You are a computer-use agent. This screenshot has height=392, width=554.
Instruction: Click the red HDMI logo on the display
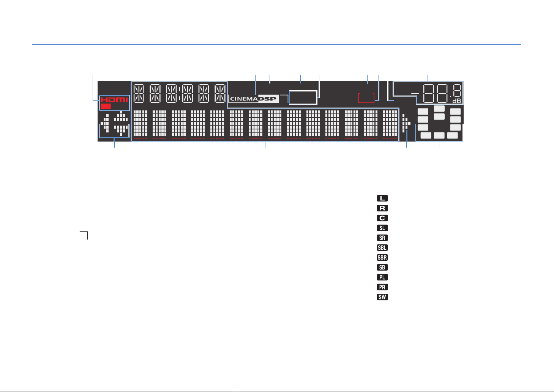[x=114, y=100]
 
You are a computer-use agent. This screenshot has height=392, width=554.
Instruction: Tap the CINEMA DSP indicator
[x=254, y=99]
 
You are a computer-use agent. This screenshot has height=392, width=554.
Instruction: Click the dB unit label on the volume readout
[x=456, y=101]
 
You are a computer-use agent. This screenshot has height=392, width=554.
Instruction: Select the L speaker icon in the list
[x=382, y=198]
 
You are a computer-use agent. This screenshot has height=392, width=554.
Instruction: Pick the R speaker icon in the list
[x=382, y=208]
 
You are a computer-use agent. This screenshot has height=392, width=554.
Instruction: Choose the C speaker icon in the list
[x=382, y=218]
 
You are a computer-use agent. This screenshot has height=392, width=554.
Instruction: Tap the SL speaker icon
[x=382, y=228]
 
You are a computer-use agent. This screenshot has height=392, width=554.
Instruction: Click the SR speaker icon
[x=382, y=238]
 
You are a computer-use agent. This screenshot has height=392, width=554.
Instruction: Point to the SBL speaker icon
[x=382, y=247]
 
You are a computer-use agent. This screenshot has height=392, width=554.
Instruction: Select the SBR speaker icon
[x=382, y=257]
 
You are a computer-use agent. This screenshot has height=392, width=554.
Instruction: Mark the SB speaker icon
[x=382, y=267]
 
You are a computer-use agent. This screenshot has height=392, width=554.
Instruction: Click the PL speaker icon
[x=382, y=277]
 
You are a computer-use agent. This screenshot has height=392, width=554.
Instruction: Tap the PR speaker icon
[x=382, y=287]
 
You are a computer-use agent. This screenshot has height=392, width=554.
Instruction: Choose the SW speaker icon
[x=382, y=297]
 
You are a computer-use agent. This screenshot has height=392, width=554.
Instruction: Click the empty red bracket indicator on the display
[x=366, y=98]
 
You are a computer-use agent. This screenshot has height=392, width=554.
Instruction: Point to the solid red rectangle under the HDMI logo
[x=106, y=107]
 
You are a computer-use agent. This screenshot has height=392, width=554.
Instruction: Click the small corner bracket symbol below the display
[x=84, y=235]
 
